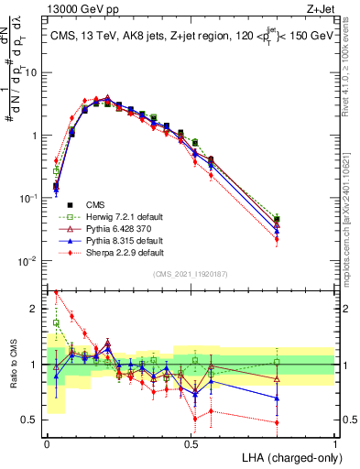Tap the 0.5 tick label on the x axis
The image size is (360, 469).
[x=191, y=442]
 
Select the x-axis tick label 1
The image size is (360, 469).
[x=335, y=442]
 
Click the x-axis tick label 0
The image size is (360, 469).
[x=48, y=442]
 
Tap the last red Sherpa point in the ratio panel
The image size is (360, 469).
[x=277, y=422]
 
